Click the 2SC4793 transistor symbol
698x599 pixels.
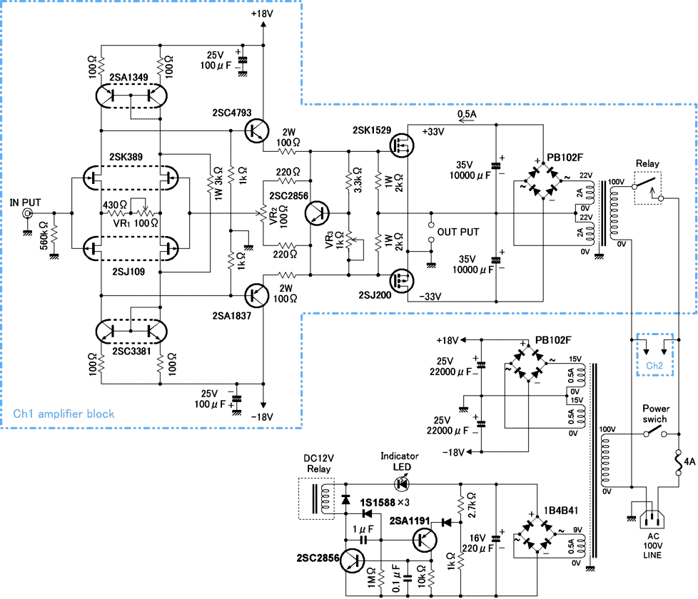(256, 130)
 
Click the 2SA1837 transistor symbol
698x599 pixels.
(256, 294)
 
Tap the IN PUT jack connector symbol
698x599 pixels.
(28, 213)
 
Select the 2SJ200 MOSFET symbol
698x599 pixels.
(398, 280)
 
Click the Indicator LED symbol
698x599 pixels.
(402, 483)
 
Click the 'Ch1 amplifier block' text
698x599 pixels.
(64, 414)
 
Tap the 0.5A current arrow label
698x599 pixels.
(468, 114)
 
